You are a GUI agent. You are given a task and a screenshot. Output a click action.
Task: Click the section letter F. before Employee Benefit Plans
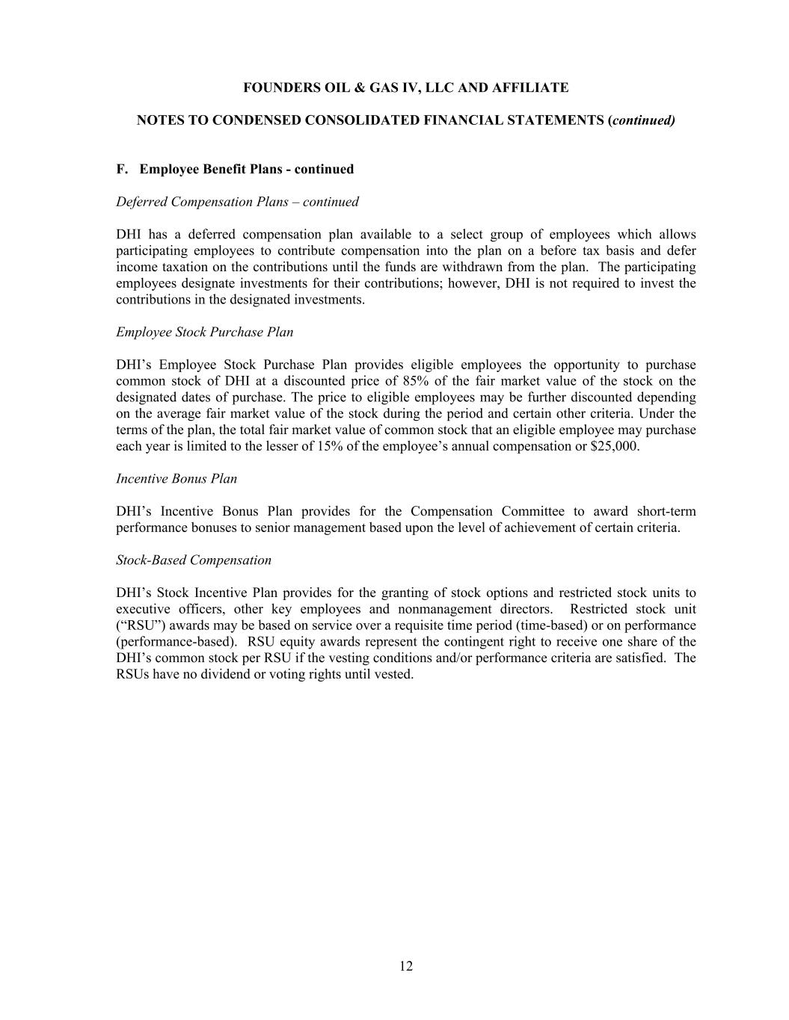pos(122,170)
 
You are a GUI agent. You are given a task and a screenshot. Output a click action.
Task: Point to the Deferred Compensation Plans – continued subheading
pos(237,202)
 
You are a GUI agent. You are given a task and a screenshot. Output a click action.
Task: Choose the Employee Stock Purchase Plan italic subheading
pos(204,333)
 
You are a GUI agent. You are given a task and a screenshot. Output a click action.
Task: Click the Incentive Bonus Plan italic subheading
pos(176,479)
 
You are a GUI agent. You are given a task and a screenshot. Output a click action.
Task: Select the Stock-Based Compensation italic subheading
pos(194,560)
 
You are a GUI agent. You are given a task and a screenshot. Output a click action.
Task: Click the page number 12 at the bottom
pos(405,966)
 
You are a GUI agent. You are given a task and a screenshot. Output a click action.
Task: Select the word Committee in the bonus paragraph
pos(532,512)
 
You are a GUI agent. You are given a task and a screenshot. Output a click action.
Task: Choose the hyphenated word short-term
pos(666,512)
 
